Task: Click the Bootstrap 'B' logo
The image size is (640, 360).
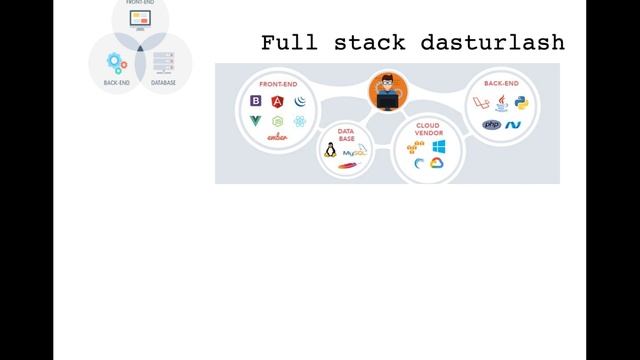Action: click(256, 101)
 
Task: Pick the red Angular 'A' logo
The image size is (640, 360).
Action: click(277, 101)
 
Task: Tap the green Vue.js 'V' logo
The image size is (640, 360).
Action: click(256, 121)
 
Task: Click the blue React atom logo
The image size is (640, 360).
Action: click(299, 121)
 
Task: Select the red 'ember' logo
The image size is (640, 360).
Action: click(277, 137)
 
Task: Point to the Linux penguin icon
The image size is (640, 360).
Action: click(329, 151)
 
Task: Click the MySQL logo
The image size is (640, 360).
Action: click(354, 152)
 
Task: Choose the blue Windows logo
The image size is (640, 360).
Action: click(438, 147)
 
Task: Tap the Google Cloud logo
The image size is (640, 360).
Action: click(437, 163)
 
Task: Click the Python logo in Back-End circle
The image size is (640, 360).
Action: click(521, 102)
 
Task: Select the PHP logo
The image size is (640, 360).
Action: click(491, 125)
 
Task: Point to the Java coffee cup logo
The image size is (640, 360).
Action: click(502, 101)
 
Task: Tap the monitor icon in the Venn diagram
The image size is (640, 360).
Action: click(140, 19)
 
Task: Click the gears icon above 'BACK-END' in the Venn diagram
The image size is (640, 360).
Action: click(116, 63)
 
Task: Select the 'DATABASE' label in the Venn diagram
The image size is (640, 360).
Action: click(163, 83)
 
